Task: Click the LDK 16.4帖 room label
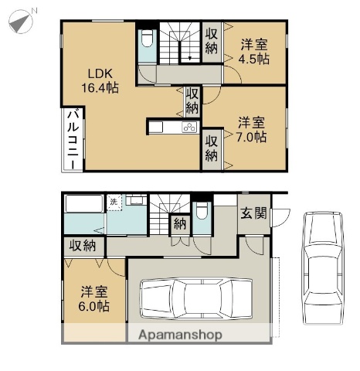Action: (101, 81)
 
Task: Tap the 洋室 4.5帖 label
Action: (253, 52)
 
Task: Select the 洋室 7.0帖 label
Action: (252, 130)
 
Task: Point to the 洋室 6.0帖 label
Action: (93, 299)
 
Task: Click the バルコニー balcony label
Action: (70, 140)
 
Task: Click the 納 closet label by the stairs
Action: (179, 225)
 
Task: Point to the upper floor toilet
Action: (148, 46)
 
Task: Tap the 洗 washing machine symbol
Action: (114, 202)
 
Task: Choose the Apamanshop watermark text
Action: (180, 335)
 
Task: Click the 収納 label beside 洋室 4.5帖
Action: (212, 39)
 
